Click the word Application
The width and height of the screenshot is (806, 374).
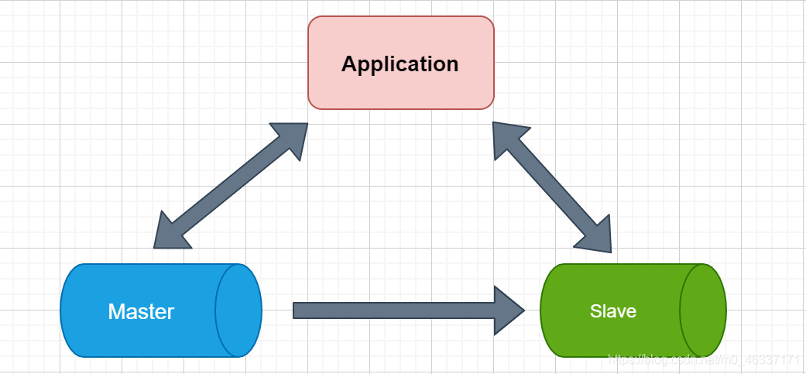400,63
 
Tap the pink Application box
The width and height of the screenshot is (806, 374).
400,89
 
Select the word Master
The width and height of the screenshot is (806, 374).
141,311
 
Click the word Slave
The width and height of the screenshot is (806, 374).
612,311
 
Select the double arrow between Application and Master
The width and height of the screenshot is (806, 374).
231,186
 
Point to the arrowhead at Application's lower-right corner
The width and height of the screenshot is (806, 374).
507,138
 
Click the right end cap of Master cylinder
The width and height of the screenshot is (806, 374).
238,311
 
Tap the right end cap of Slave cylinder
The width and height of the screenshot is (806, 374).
703,311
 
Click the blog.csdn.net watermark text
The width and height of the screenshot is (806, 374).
704,360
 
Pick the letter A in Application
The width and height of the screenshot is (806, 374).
349,63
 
